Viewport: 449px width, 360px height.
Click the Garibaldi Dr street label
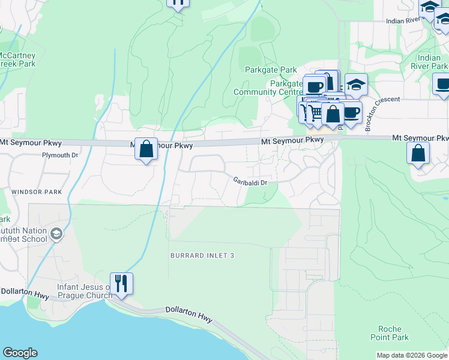click(250, 182)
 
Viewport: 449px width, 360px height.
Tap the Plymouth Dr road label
click(60, 155)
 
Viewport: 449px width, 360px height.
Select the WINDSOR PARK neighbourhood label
click(36, 192)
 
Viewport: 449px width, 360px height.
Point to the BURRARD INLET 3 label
click(202, 256)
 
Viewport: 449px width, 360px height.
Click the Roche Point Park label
click(393, 333)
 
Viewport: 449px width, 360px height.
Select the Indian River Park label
click(433, 62)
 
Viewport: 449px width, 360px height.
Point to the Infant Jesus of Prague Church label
click(85, 291)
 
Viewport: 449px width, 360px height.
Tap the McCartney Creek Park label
click(17, 59)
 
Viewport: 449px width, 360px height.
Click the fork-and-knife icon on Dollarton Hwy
click(121, 283)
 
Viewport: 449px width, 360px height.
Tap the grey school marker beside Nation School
click(56, 233)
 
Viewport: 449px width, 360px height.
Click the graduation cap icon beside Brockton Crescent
click(356, 85)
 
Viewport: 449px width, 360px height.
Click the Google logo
click(20, 353)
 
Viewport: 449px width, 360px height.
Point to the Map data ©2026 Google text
click(412, 355)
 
